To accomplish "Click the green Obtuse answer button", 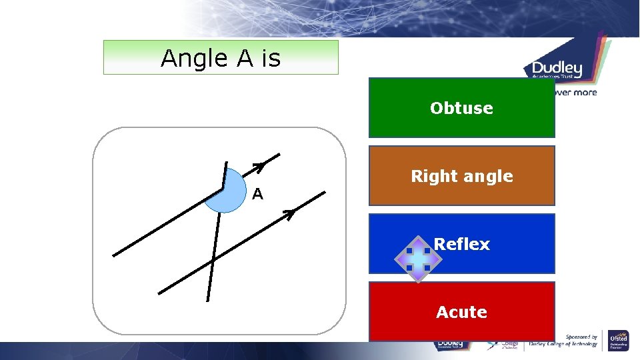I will click(461, 108).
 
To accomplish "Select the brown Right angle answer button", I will click(461, 176).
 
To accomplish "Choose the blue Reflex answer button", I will click(461, 244).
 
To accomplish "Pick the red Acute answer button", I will click(461, 312).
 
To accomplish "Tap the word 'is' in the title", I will click(271, 59).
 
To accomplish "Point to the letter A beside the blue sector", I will click(257, 195).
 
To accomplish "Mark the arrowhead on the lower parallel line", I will click(289, 214).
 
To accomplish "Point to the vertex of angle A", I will click(225, 189).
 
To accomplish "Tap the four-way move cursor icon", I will click(417, 259).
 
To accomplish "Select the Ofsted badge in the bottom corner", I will click(618, 340).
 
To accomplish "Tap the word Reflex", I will click(461, 244).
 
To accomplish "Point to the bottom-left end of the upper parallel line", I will click(115, 255).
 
